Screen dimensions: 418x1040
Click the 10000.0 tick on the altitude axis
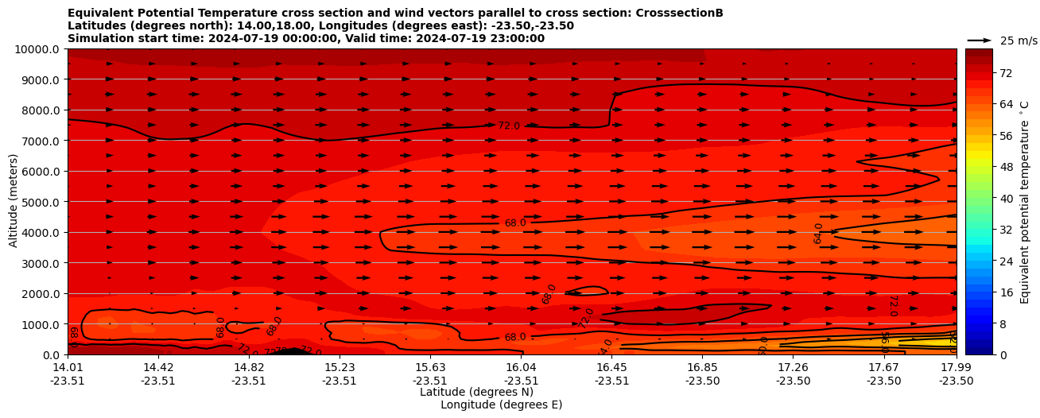coord(39,49)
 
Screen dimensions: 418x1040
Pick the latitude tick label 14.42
coord(158,367)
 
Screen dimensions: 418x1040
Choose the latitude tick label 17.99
coord(956,367)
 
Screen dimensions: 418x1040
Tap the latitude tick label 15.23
coord(340,367)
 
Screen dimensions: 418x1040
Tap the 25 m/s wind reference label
coord(1019,41)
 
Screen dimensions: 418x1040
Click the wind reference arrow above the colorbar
coord(980,41)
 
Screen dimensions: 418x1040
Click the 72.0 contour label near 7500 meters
coord(509,126)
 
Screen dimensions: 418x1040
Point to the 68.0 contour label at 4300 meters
coord(515,223)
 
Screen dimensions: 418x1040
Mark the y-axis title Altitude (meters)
coord(14,202)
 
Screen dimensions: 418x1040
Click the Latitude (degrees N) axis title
coord(476,392)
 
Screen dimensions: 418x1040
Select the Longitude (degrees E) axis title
coord(501,404)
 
